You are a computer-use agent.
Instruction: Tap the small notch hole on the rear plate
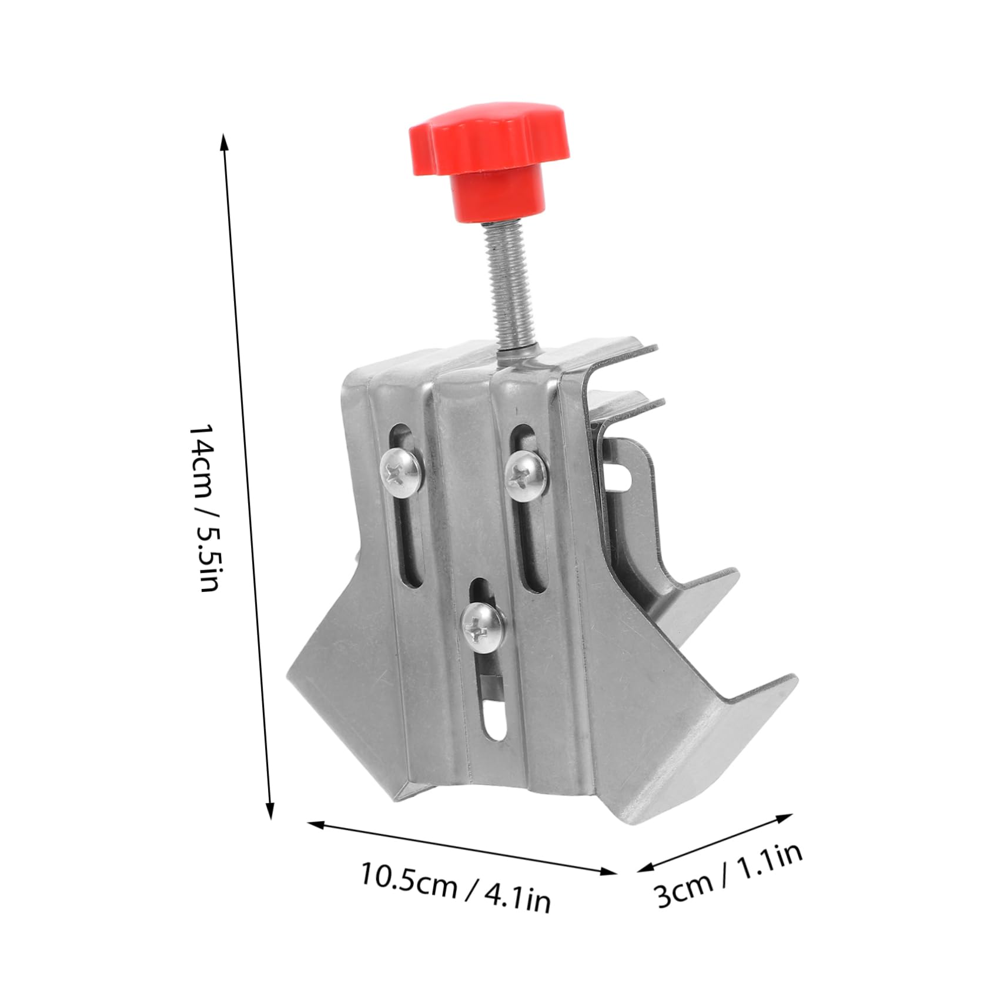click(x=621, y=474)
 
